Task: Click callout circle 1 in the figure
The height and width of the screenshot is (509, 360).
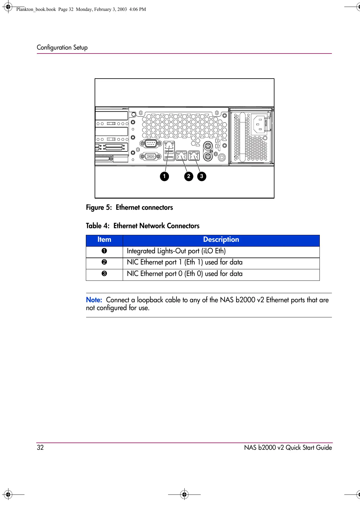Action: (164, 176)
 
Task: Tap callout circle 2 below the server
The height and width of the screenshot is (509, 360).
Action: (189, 176)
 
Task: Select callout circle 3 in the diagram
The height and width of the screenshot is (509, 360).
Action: (202, 176)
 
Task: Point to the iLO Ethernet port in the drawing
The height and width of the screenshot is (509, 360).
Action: (169, 146)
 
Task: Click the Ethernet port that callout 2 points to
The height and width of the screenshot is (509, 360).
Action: (181, 156)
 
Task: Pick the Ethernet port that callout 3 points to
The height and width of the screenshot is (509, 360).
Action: (194, 156)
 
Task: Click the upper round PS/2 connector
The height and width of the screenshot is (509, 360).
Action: (207, 147)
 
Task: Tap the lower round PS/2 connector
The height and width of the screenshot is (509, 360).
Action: (207, 157)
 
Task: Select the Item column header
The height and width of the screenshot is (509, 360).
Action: (104, 240)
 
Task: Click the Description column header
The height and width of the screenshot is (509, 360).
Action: (221, 240)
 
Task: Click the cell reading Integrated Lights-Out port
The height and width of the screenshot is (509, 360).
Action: (176, 251)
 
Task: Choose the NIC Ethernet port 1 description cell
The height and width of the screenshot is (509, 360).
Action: (185, 262)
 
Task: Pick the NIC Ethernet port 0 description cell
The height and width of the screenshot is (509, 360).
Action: (185, 274)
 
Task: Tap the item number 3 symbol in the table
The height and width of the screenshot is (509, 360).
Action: (104, 274)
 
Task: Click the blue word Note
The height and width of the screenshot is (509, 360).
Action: (94, 300)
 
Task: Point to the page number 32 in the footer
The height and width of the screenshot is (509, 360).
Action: (40, 448)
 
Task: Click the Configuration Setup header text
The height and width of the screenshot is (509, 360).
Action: (62, 47)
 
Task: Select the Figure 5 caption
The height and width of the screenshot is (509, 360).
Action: (129, 208)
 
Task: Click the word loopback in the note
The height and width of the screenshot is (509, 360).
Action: (150, 300)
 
